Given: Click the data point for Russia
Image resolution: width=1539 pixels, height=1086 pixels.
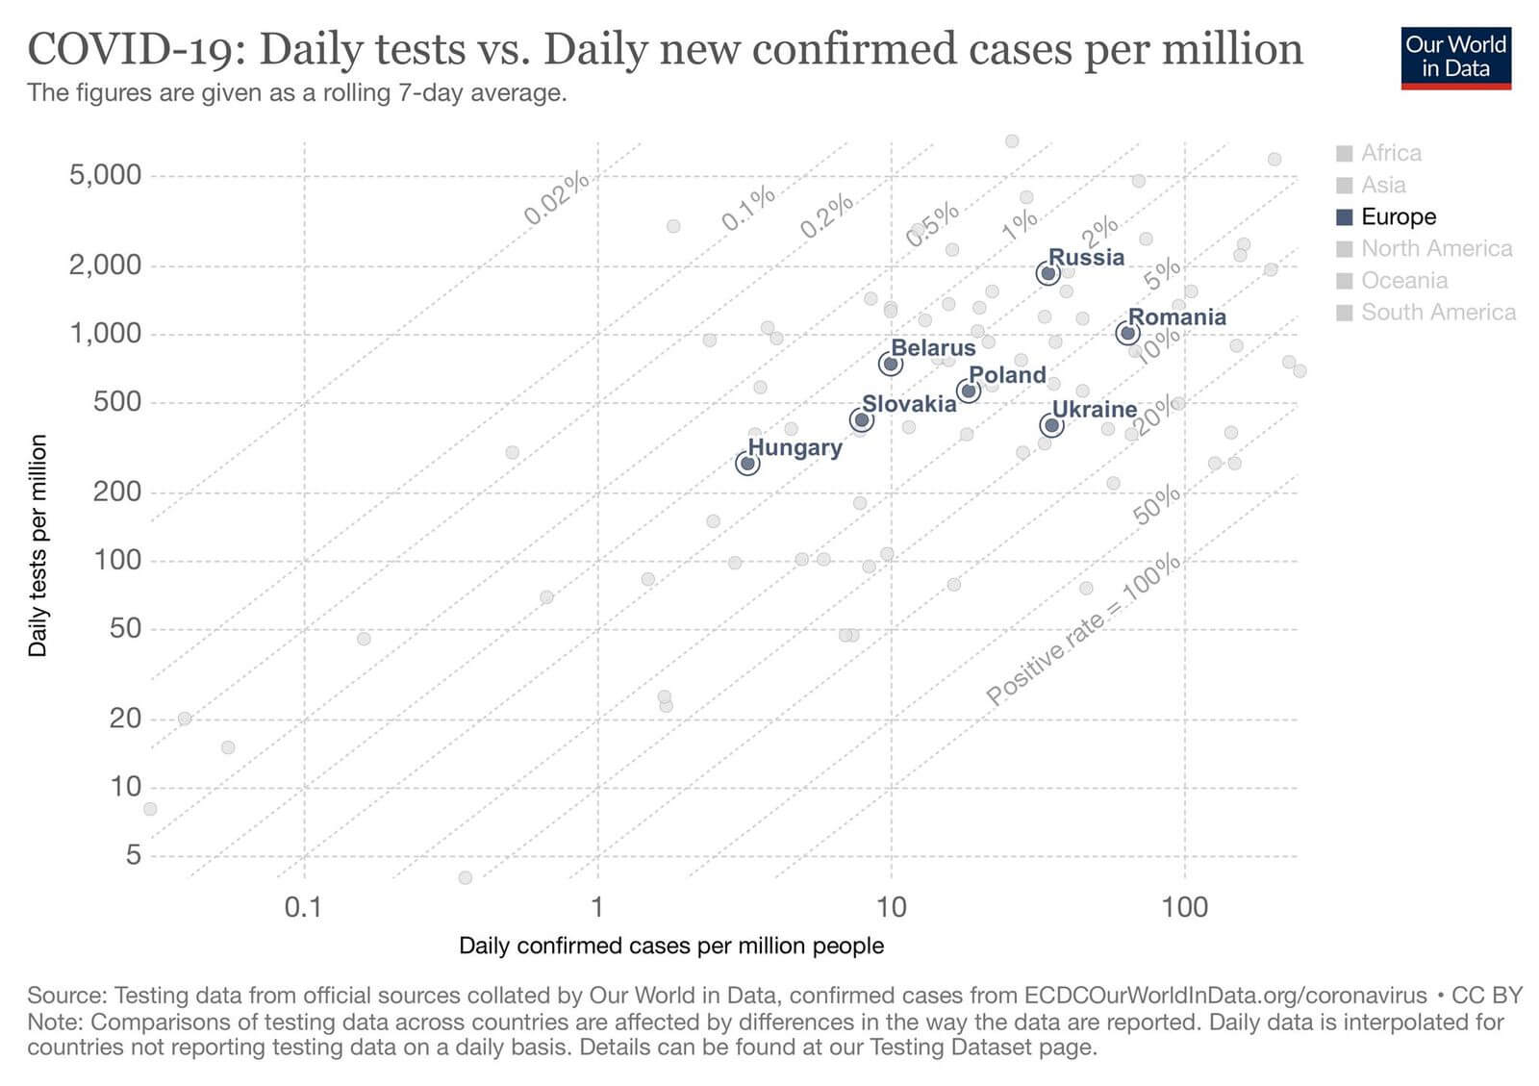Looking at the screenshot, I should pyautogui.click(x=1048, y=273).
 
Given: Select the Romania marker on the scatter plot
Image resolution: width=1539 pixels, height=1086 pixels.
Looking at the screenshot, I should pyautogui.click(x=1127, y=333).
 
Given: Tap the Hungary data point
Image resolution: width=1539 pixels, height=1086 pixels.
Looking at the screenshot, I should pyautogui.click(x=747, y=464).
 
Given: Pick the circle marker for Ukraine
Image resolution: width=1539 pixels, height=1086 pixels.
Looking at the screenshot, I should pyautogui.click(x=1051, y=425).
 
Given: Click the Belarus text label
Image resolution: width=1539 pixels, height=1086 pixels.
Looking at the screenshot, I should pyautogui.click(x=933, y=347).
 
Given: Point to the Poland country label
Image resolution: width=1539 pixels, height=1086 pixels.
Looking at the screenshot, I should pyautogui.click(x=1007, y=374).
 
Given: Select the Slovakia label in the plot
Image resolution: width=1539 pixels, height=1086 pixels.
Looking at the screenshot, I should pyautogui.click(x=909, y=403).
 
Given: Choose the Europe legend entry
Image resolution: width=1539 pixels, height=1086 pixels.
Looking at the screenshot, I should pyautogui.click(x=1397, y=216).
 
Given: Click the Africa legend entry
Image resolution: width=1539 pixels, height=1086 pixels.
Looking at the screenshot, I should pyautogui.click(x=1390, y=153).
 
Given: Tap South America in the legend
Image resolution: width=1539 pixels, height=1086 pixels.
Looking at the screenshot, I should pyautogui.click(x=1437, y=312).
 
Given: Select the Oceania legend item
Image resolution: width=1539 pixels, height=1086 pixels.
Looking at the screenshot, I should pyautogui.click(x=1403, y=280).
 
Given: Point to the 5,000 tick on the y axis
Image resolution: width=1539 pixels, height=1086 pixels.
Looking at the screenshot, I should pyautogui.click(x=105, y=175).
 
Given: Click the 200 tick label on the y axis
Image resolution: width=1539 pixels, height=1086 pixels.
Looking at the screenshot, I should pyautogui.click(x=116, y=492).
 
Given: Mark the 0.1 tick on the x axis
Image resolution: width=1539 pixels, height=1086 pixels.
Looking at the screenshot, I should pyautogui.click(x=304, y=906).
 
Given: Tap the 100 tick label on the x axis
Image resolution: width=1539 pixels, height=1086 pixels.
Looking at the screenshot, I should pyautogui.click(x=1184, y=906).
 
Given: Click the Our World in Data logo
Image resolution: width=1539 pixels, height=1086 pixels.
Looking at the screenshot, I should pyautogui.click(x=1455, y=57).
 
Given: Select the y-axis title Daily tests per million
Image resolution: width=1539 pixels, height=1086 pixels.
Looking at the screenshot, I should pyautogui.click(x=38, y=545).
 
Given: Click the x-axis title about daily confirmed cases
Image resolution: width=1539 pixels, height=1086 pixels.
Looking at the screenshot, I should pyautogui.click(x=670, y=946).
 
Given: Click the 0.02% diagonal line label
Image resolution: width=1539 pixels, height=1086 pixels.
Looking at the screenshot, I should pyautogui.click(x=556, y=198).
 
